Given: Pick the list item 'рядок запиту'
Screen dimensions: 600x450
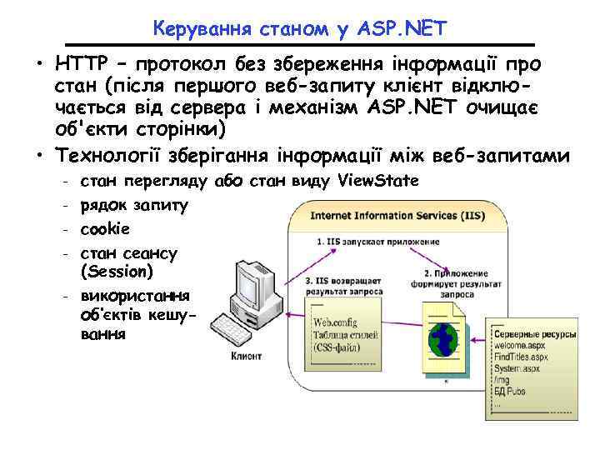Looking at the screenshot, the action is tap(134, 204).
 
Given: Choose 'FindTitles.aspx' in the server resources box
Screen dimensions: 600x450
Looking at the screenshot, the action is tap(521, 356).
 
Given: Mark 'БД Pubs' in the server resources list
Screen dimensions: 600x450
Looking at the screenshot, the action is tap(512, 390).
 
